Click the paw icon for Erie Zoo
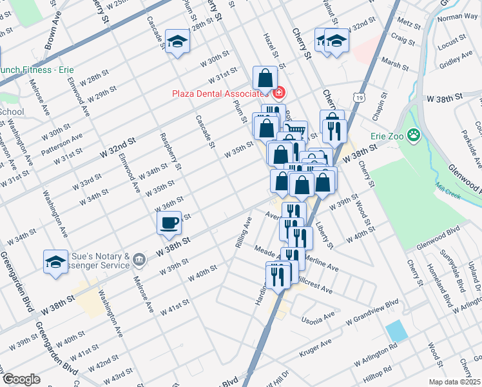(x=413, y=135)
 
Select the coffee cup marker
(x=169, y=223)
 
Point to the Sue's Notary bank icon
(x=139, y=261)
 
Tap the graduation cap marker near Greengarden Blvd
(x=55, y=262)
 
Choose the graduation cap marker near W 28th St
(x=177, y=42)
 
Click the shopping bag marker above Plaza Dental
(x=265, y=79)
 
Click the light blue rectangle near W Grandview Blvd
(x=396, y=331)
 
